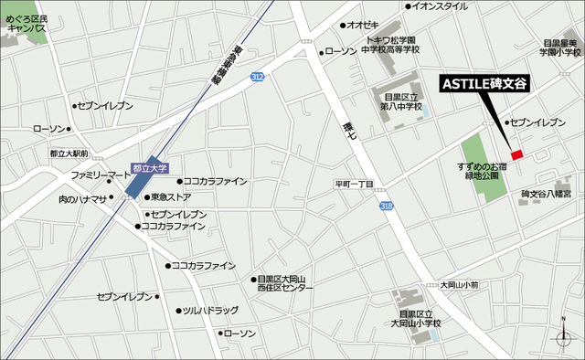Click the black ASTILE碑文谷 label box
point(484,83)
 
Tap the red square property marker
point(517,154)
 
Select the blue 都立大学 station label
point(150,168)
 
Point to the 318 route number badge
point(388,208)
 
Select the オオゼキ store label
point(362,25)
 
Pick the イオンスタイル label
point(439,6)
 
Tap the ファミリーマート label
point(101,175)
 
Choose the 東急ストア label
point(170,196)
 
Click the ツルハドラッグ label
point(209,311)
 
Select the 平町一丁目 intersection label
point(354,185)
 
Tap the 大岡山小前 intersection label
point(458,285)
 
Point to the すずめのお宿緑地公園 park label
point(484,171)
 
